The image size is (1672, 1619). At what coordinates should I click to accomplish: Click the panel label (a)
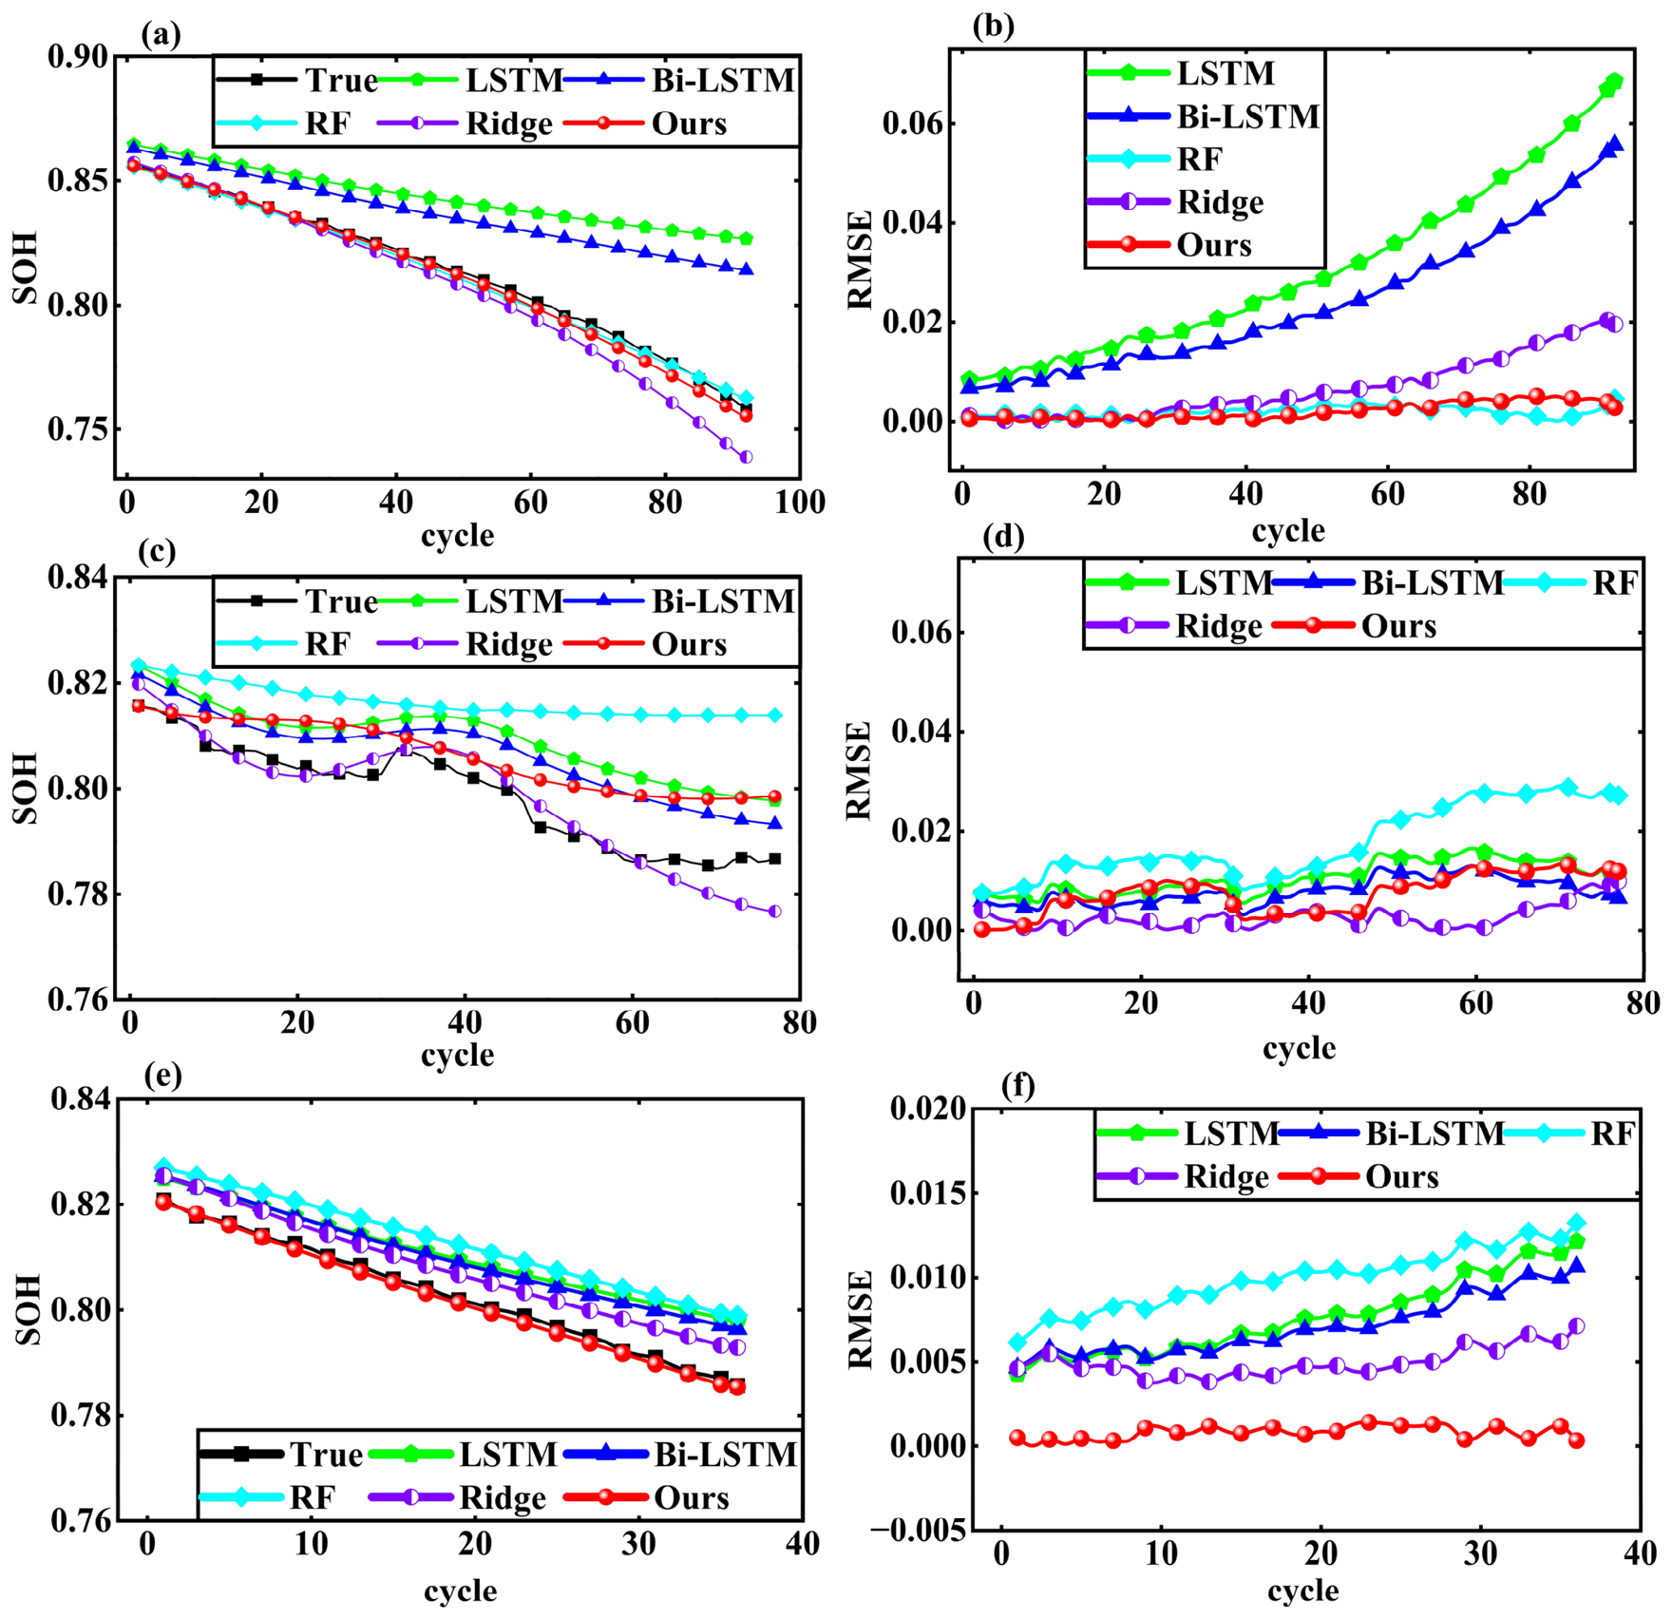coord(160,36)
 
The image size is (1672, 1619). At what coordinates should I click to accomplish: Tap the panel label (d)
coord(1004,538)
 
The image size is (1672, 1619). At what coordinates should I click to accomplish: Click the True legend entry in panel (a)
coord(297,81)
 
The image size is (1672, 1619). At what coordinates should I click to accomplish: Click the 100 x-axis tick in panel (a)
coord(799,501)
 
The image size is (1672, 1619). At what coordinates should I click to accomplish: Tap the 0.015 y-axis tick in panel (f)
coord(927,1192)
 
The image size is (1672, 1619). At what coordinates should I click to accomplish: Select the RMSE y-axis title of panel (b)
coord(860,260)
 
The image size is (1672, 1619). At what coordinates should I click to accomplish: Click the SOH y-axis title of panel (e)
coord(28,1309)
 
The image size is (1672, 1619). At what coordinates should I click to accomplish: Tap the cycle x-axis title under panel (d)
coord(1299,1047)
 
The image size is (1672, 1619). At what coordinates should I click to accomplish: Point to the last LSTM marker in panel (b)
coord(1614,82)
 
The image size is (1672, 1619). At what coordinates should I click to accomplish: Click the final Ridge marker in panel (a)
coord(746,457)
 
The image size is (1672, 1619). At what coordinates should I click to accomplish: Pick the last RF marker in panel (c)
coord(775,714)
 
